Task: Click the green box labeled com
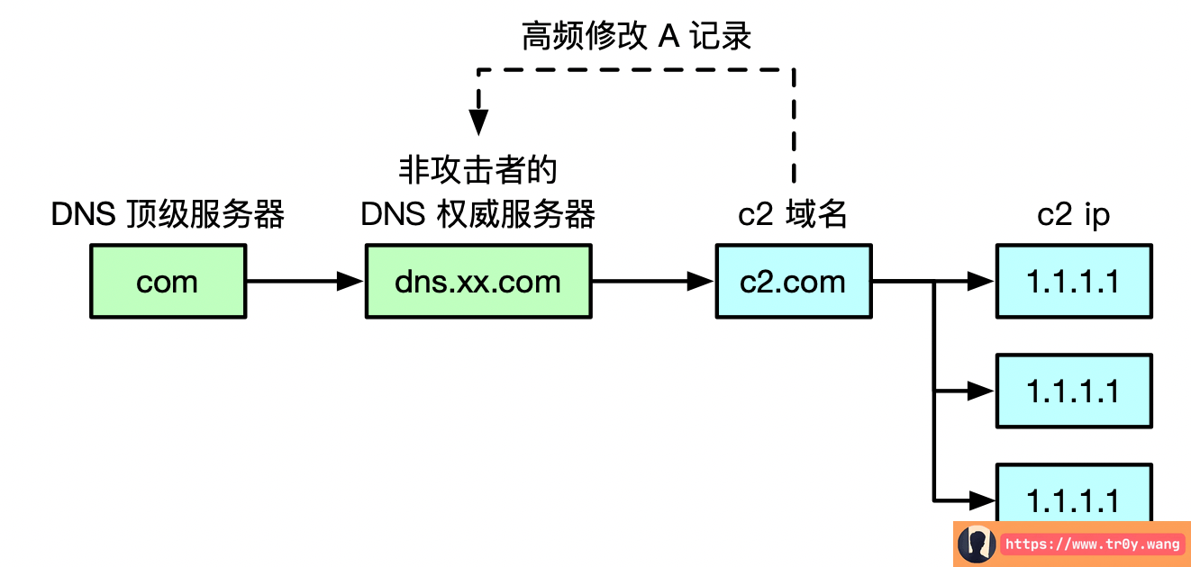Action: click(168, 282)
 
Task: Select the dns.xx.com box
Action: click(477, 282)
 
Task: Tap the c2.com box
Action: click(793, 282)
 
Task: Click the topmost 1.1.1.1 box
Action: click(1074, 282)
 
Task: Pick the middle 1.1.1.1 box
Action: click(1074, 391)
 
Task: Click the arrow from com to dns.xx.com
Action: click(305, 282)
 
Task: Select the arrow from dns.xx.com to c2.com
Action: click(652, 282)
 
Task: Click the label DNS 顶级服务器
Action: click(168, 215)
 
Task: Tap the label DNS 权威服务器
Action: click(477, 215)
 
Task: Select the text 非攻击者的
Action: click(477, 170)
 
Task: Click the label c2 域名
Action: click(793, 215)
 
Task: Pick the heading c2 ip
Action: click(1074, 215)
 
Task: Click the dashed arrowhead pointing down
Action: click(478, 122)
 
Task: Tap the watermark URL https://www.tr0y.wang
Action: click(1092, 544)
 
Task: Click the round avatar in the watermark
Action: click(977, 544)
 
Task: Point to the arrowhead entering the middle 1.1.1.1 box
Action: click(982, 391)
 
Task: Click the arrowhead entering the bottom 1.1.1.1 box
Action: click(982, 499)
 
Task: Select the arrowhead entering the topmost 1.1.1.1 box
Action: click(982, 282)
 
